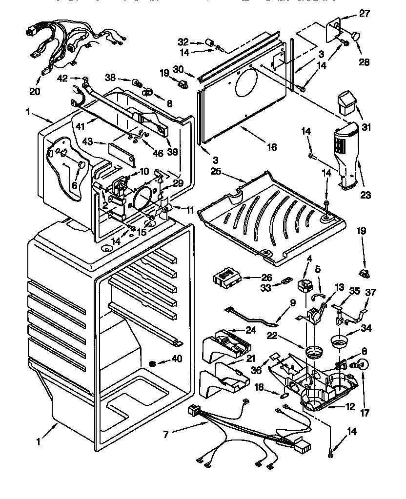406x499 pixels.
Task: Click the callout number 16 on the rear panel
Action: [x=272, y=147]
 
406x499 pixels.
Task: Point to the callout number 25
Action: [x=216, y=172]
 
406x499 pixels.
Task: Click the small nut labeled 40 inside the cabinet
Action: [x=153, y=363]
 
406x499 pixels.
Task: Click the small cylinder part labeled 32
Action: [x=211, y=42]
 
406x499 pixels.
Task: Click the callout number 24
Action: [x=250, y=330]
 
